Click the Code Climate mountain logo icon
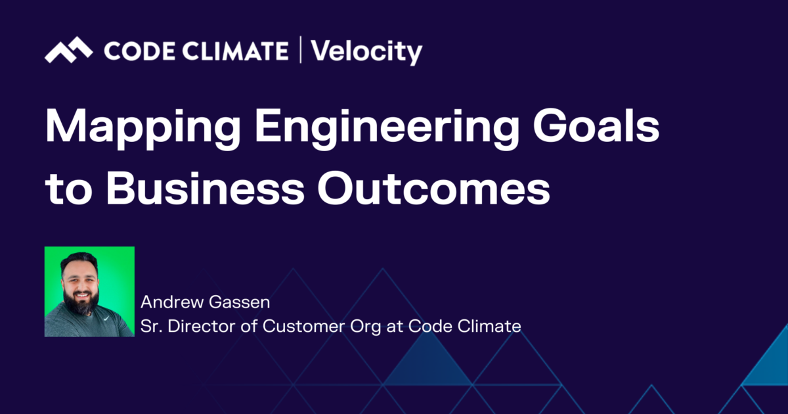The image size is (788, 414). (x=68, y=51)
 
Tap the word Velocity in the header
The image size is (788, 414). (x=366, y=51)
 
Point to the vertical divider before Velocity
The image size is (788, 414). (x=300, y=51)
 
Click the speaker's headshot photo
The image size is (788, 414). (x=89, y=292)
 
